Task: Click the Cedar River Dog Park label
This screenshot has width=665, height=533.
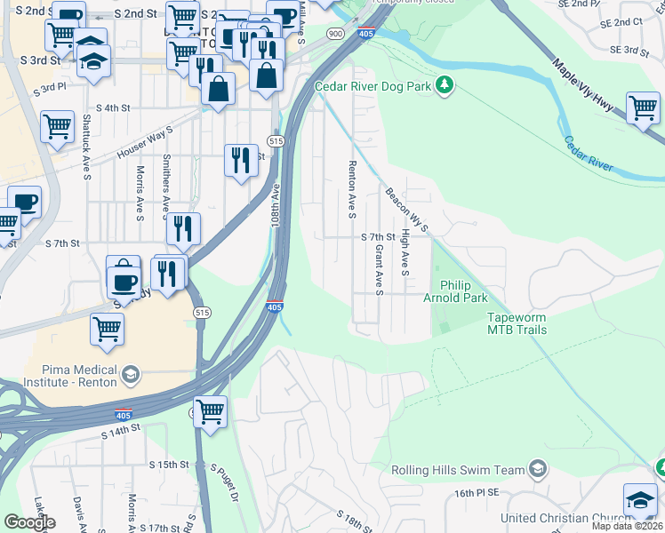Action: click(x=373, y=86)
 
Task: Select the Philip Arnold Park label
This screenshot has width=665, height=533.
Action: click(x=463, y=292)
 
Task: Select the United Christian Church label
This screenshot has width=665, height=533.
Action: click(x=557, y=518)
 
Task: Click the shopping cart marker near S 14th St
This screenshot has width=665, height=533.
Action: click(x=210, y=411)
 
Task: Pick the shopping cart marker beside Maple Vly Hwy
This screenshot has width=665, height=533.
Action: click(x=643, y=107)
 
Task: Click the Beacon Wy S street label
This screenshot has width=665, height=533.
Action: click(x=407, y=210)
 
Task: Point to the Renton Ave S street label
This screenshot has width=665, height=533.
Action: click(x=352, y=189)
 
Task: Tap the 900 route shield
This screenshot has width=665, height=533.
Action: click(x=334, y=34)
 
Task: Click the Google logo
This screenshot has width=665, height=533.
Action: click(x=29, y=521)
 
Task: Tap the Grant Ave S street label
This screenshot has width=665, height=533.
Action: click(x=379, y=270)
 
